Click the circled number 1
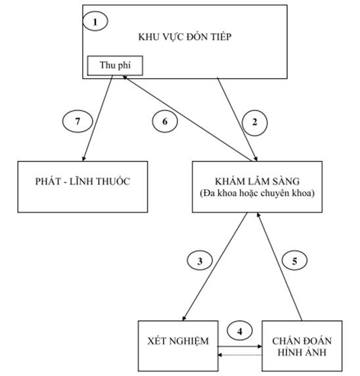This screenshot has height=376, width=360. (x=95, y=22)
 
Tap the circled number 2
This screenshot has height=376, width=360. (x=254, y=123)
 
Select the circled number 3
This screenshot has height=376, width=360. (x=200, y=261)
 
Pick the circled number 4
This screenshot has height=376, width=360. (x=240, y=331)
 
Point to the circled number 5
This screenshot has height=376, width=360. (x=294, y=261)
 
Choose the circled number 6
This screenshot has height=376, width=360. (x=165, y=121)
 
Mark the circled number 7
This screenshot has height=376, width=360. (x=78, y=121)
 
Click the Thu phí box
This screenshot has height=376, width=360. (x=115, y=66)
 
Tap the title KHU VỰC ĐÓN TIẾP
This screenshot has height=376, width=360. (x=185, y=37)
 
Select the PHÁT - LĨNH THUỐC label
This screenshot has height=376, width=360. (x=83, y=181)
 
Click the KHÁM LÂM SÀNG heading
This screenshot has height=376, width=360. (x=258, y=181)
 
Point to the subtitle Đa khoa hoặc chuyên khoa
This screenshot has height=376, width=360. (x=258, y=194)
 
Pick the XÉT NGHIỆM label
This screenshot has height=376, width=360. (x=178, y=341)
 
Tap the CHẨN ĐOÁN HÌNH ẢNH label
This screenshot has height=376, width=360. (x=302, y=346)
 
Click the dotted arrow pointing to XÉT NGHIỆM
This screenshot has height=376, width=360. (x=240, y=355)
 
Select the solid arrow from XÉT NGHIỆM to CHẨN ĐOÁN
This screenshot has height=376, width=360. (x=240, y=346)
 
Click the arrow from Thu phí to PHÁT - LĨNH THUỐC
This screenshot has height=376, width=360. (x=97, y=118)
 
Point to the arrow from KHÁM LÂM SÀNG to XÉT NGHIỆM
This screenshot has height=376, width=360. (x=215, y=266)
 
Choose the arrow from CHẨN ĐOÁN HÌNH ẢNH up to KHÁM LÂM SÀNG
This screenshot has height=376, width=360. (x=280, y=266)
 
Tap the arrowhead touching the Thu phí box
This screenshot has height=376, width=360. (x=125, y=77)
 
